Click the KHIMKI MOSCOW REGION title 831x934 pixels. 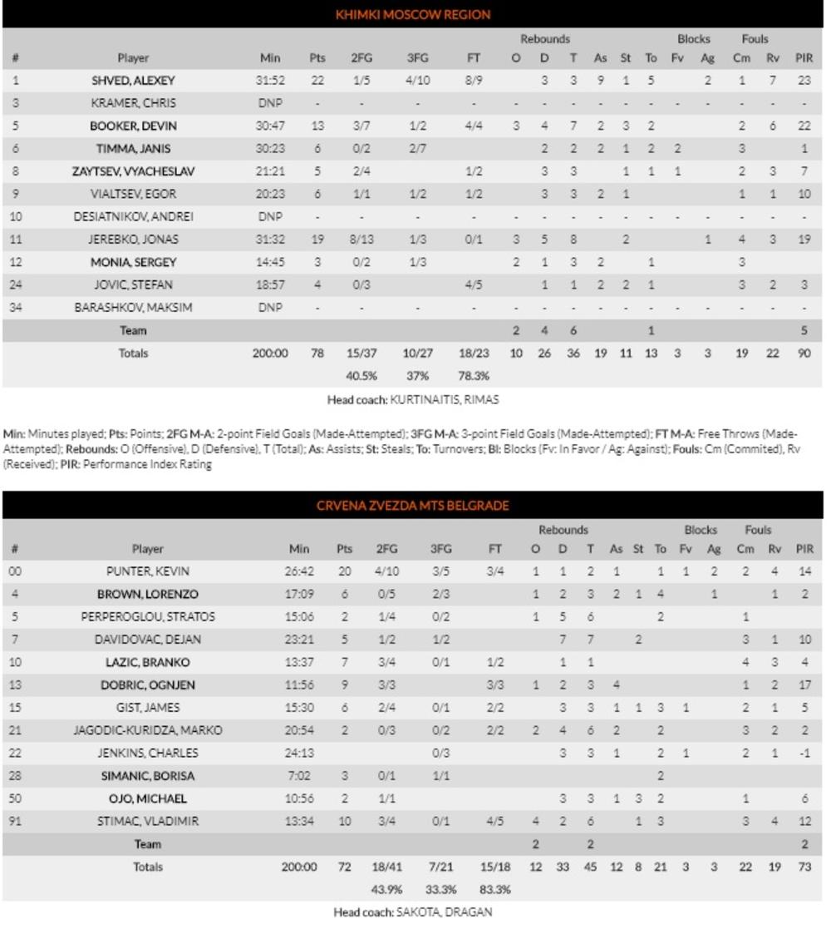pyautogui.click(x=413, y=14)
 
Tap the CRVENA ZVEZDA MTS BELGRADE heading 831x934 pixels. pyautogui.click(x=412, y=506)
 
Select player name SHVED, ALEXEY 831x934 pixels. pyautogui.click(x=133, y=81)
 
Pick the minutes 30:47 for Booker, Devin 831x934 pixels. pyautogui.click(x=270, y=126)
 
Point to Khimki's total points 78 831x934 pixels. pyautogui.click(x=317, y=353)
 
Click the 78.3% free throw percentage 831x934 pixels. pyautogui.click(x=473, y=376)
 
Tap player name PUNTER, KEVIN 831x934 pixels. pyautogui.click(x=148, y=572)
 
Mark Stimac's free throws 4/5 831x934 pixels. pyautogui.click(x=494, y=822)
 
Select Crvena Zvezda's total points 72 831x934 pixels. pyautogui.click(x=344, y=867)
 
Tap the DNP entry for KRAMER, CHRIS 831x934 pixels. pyautogui.click(x=270, y=104)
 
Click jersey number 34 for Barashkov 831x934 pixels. pyautogui.click(x=15, y=308)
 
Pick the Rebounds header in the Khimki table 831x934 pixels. pyautogui.click(x=544, y=39)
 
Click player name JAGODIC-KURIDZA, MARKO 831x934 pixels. pyautogui.click(x=148, y=731)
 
